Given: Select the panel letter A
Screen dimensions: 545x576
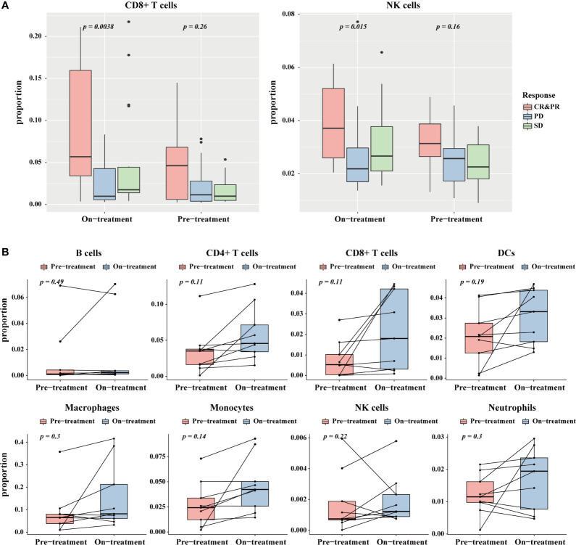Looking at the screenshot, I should (x=7, y=5).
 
